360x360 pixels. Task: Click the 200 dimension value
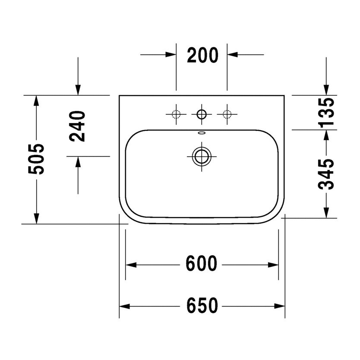[x=202, y=55]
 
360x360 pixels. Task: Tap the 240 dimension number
[x=77, y=126]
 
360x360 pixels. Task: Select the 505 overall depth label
[x=36, y=159]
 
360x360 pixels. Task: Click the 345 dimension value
[x=326, y=174]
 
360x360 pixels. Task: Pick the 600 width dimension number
[x=201, y=263]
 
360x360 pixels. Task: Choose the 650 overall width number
[x=202, y=306]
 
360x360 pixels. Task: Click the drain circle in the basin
[x=202, y=157]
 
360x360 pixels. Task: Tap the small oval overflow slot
[x=202, y=133]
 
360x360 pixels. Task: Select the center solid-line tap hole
[x=202, y=114]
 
